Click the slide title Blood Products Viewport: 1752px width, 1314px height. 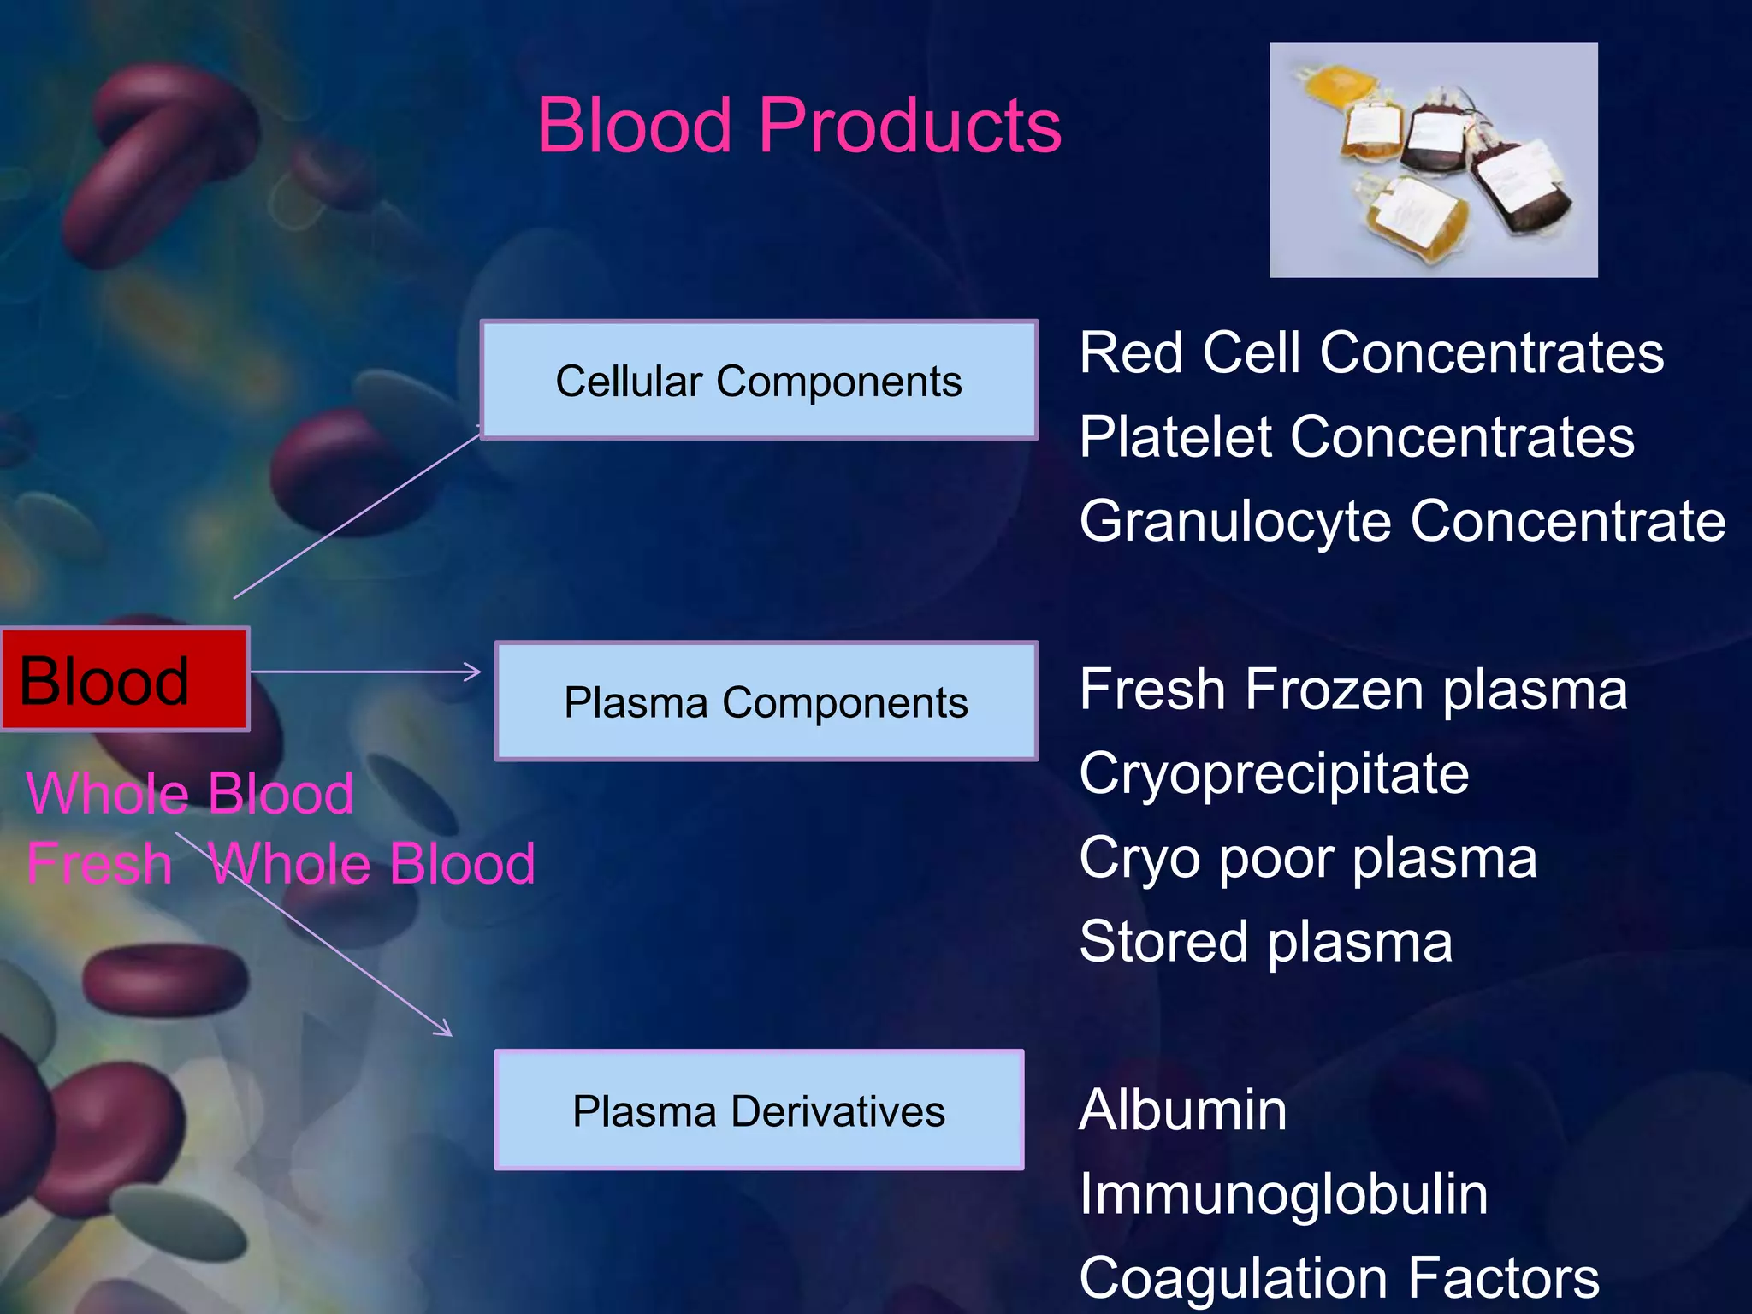tap(799, 126)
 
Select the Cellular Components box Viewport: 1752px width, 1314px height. tap(759, 381)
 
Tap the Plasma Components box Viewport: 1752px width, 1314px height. tap(766, 701)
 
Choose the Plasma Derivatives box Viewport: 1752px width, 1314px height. tap(759, 1110)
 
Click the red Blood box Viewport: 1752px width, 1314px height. tap(125, 680)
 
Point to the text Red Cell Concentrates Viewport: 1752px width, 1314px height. tap(1371, 352)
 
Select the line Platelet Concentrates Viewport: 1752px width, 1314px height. tap(1357, 437)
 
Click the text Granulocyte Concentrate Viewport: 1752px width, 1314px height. tap(1402, 521)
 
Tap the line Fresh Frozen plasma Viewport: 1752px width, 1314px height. tap(1352, 690)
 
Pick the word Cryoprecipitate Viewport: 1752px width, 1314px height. tap(1274, 774)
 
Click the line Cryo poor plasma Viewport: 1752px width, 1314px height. tap(1308, 858)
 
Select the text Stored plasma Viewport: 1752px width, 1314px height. tap(1265, 942)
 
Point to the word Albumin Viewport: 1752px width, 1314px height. tap(1182, 1110)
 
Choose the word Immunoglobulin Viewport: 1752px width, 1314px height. tap(1283, 1194)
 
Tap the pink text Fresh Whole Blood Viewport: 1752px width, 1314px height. tap(281, 863)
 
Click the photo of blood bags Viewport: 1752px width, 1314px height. tap(1433, 160)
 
